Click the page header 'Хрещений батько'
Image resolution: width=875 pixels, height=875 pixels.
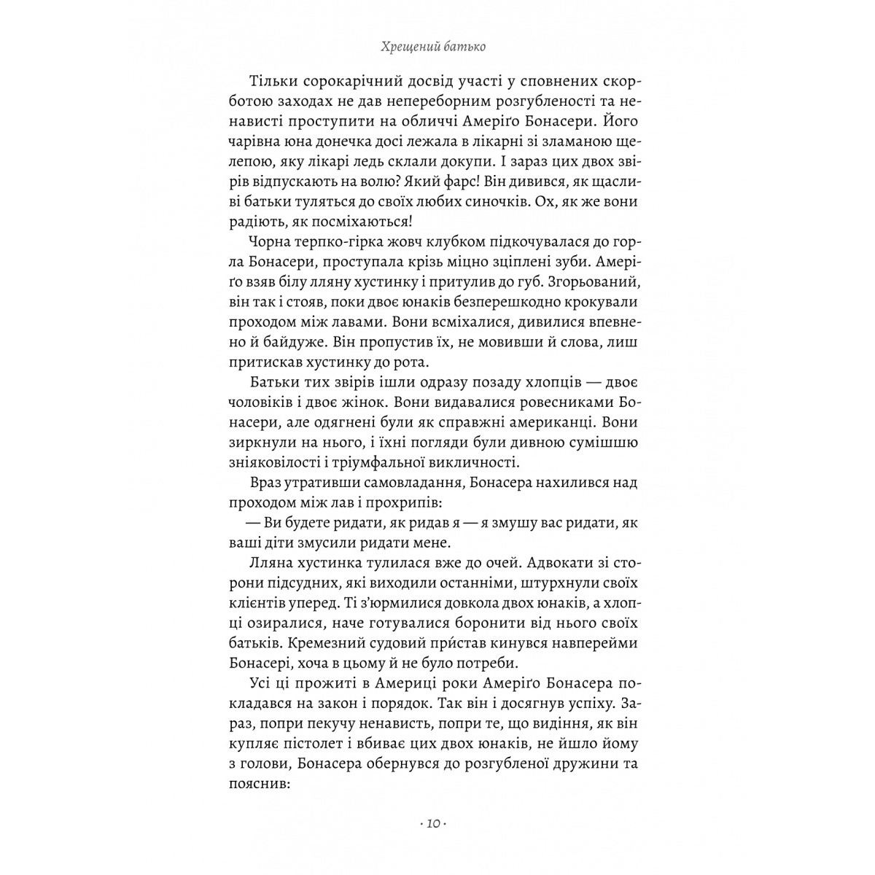tap(434, 47)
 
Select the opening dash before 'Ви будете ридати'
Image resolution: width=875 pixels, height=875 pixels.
tap(252, 524)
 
